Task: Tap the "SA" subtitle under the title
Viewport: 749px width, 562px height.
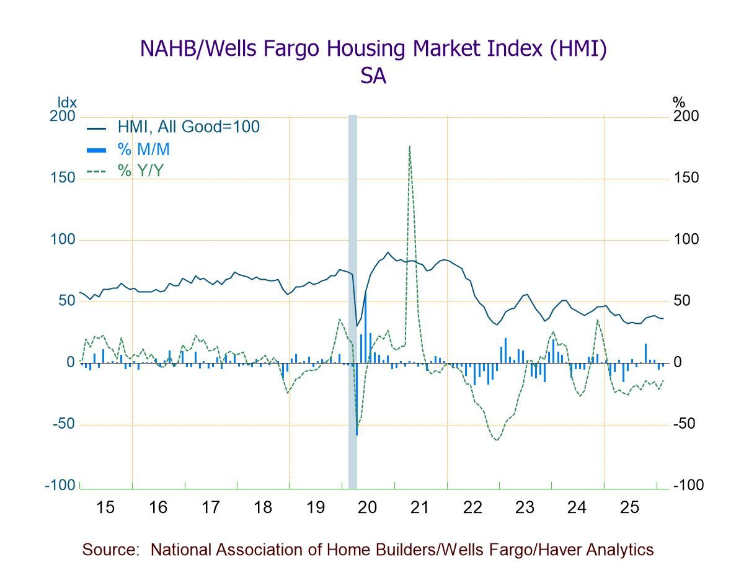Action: pos(373,76)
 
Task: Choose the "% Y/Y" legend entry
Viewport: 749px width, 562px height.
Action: pos(141,169)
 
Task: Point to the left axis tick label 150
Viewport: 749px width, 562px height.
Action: pos(62,178)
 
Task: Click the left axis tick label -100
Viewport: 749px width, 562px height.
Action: pos(60,485)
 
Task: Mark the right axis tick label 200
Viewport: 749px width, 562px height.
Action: pos(686,117)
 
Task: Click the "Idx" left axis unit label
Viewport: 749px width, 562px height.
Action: pos(67,102)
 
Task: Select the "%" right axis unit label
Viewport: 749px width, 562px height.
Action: pos(678,102)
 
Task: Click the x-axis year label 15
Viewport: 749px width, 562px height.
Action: pos(106,507)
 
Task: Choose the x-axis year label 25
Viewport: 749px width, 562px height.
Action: pos(630,507)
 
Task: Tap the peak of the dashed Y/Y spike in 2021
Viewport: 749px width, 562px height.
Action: pos(410,146)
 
